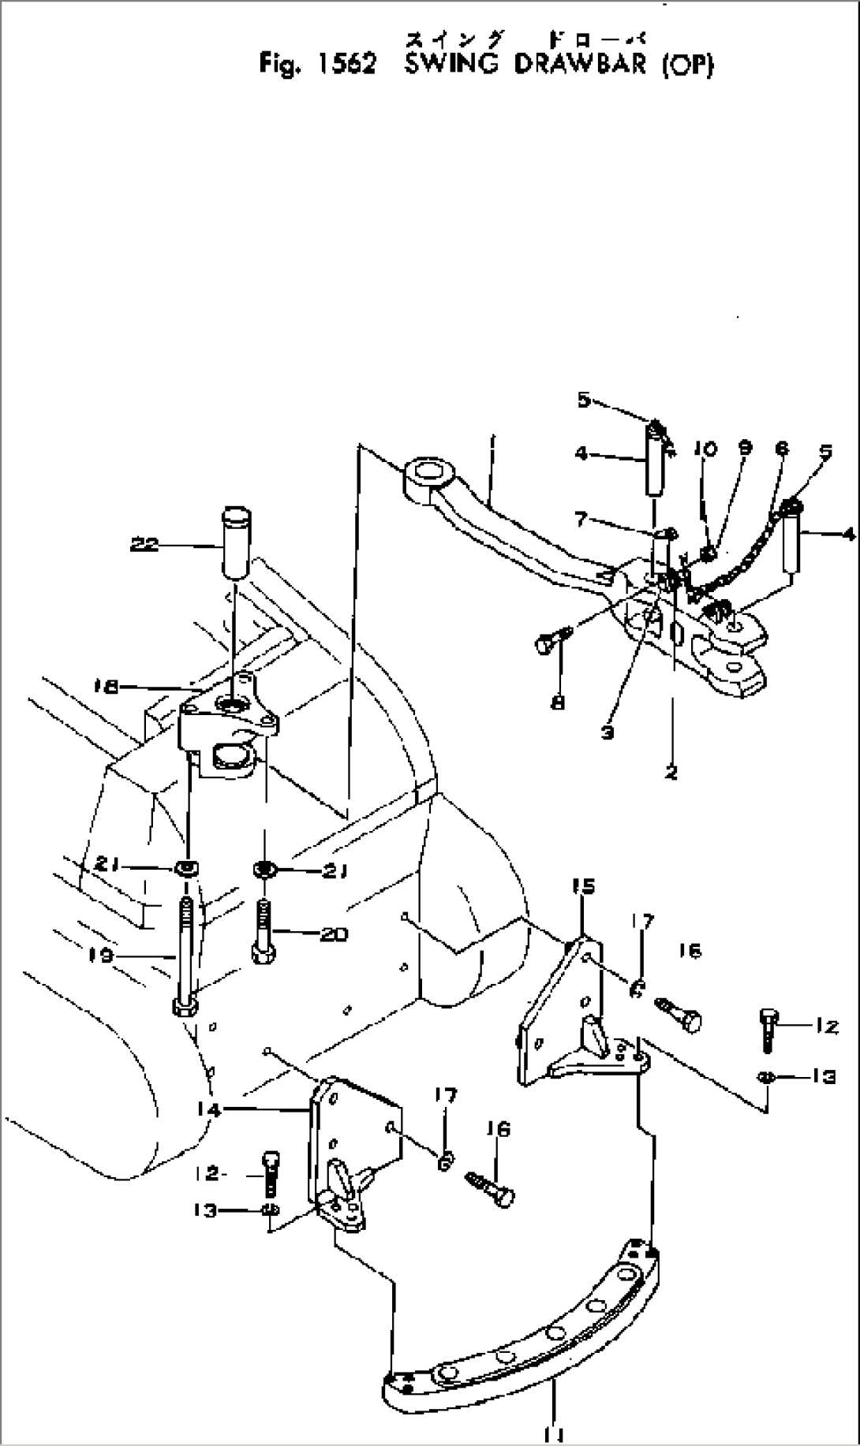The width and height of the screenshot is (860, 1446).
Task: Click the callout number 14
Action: coord(211,1109)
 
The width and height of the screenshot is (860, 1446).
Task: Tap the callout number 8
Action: coord(558,702)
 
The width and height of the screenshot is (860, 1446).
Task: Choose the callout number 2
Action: coord(671,773)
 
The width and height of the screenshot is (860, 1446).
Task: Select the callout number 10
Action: coord(705,449)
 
